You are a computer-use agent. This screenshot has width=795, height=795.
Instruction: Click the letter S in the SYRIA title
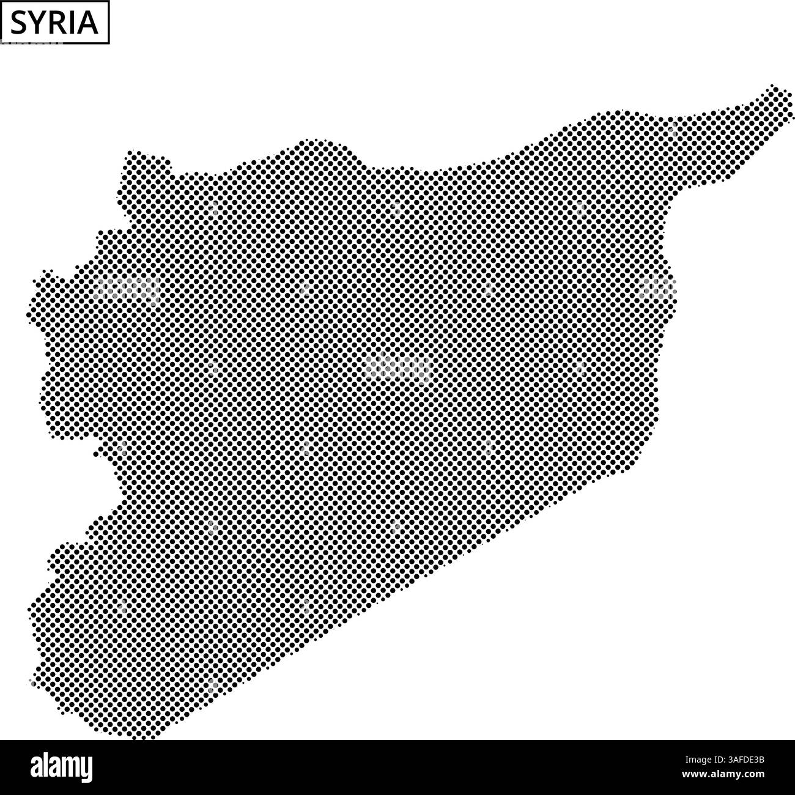coord(19,23)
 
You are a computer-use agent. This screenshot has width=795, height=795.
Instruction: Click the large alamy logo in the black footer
coord(61,766)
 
